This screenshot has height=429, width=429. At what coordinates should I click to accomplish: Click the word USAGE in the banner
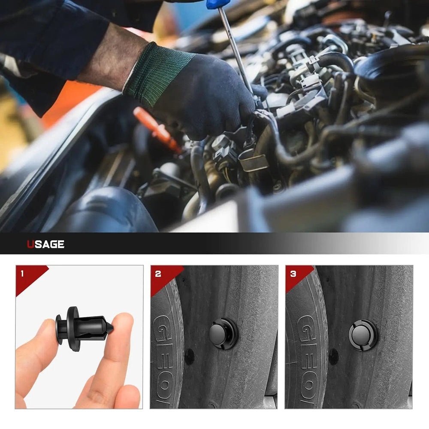coord(46,245)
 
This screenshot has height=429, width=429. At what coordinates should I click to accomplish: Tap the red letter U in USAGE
coord(30,245)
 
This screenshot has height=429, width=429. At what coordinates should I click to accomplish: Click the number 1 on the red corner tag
coord(22,273)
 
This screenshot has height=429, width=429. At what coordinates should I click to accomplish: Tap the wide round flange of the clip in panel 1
coord(73,328)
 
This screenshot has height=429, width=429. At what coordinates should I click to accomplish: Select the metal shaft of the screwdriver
coord(236,47)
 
